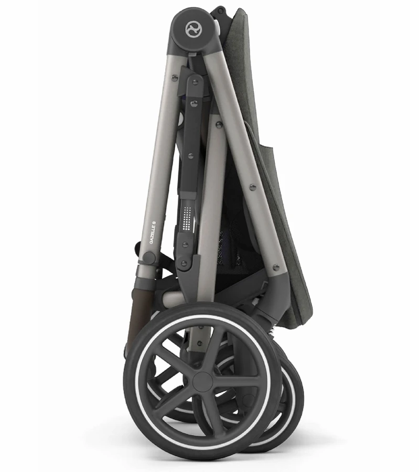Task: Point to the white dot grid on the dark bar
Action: tap(188, 218)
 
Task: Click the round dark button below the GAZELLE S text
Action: tap(149, 258)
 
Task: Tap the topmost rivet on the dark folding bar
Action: tap(195, 82)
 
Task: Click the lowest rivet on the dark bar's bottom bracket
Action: tap(184, 264)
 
